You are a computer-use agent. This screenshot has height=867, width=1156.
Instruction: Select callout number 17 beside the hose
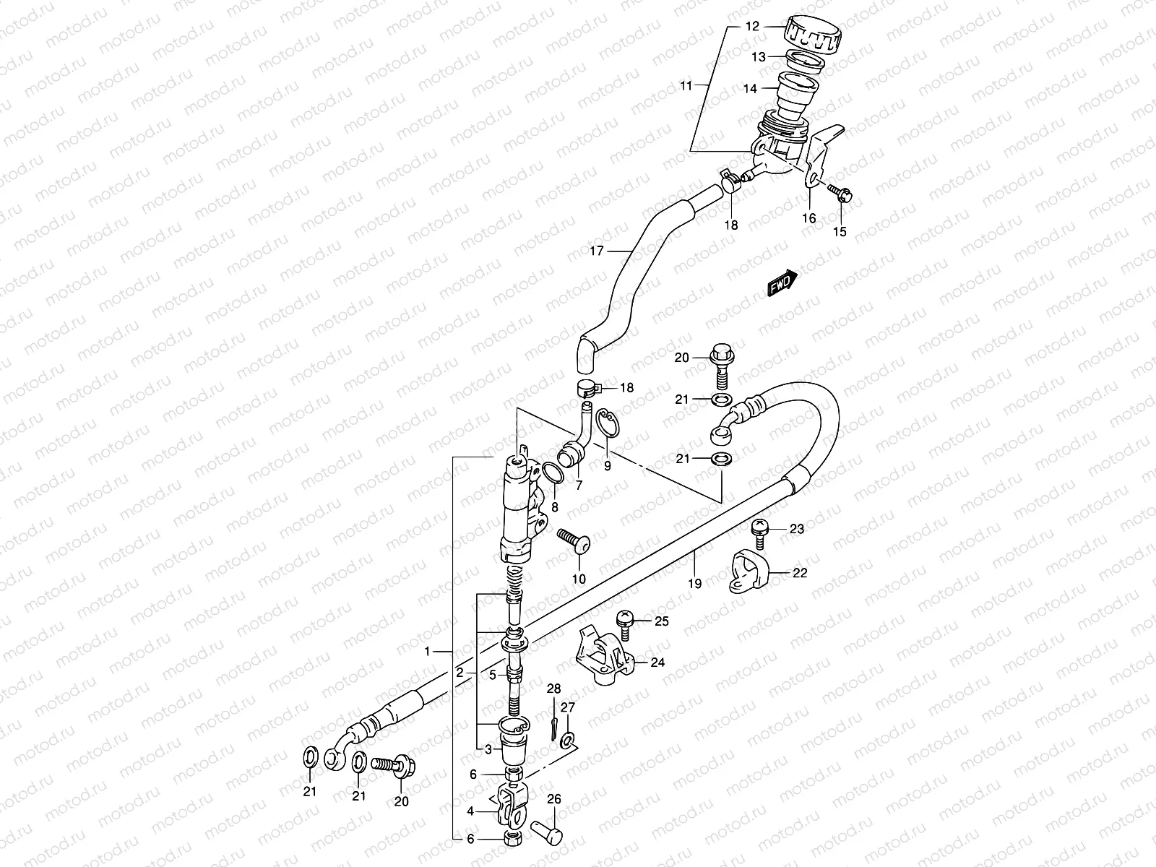pos(596,251)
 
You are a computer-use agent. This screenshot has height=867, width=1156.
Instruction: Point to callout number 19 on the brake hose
pos(694,584)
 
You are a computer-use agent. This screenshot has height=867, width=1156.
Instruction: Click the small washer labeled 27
pos(569,738)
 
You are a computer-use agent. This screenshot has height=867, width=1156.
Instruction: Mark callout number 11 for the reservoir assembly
pos(686,85)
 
